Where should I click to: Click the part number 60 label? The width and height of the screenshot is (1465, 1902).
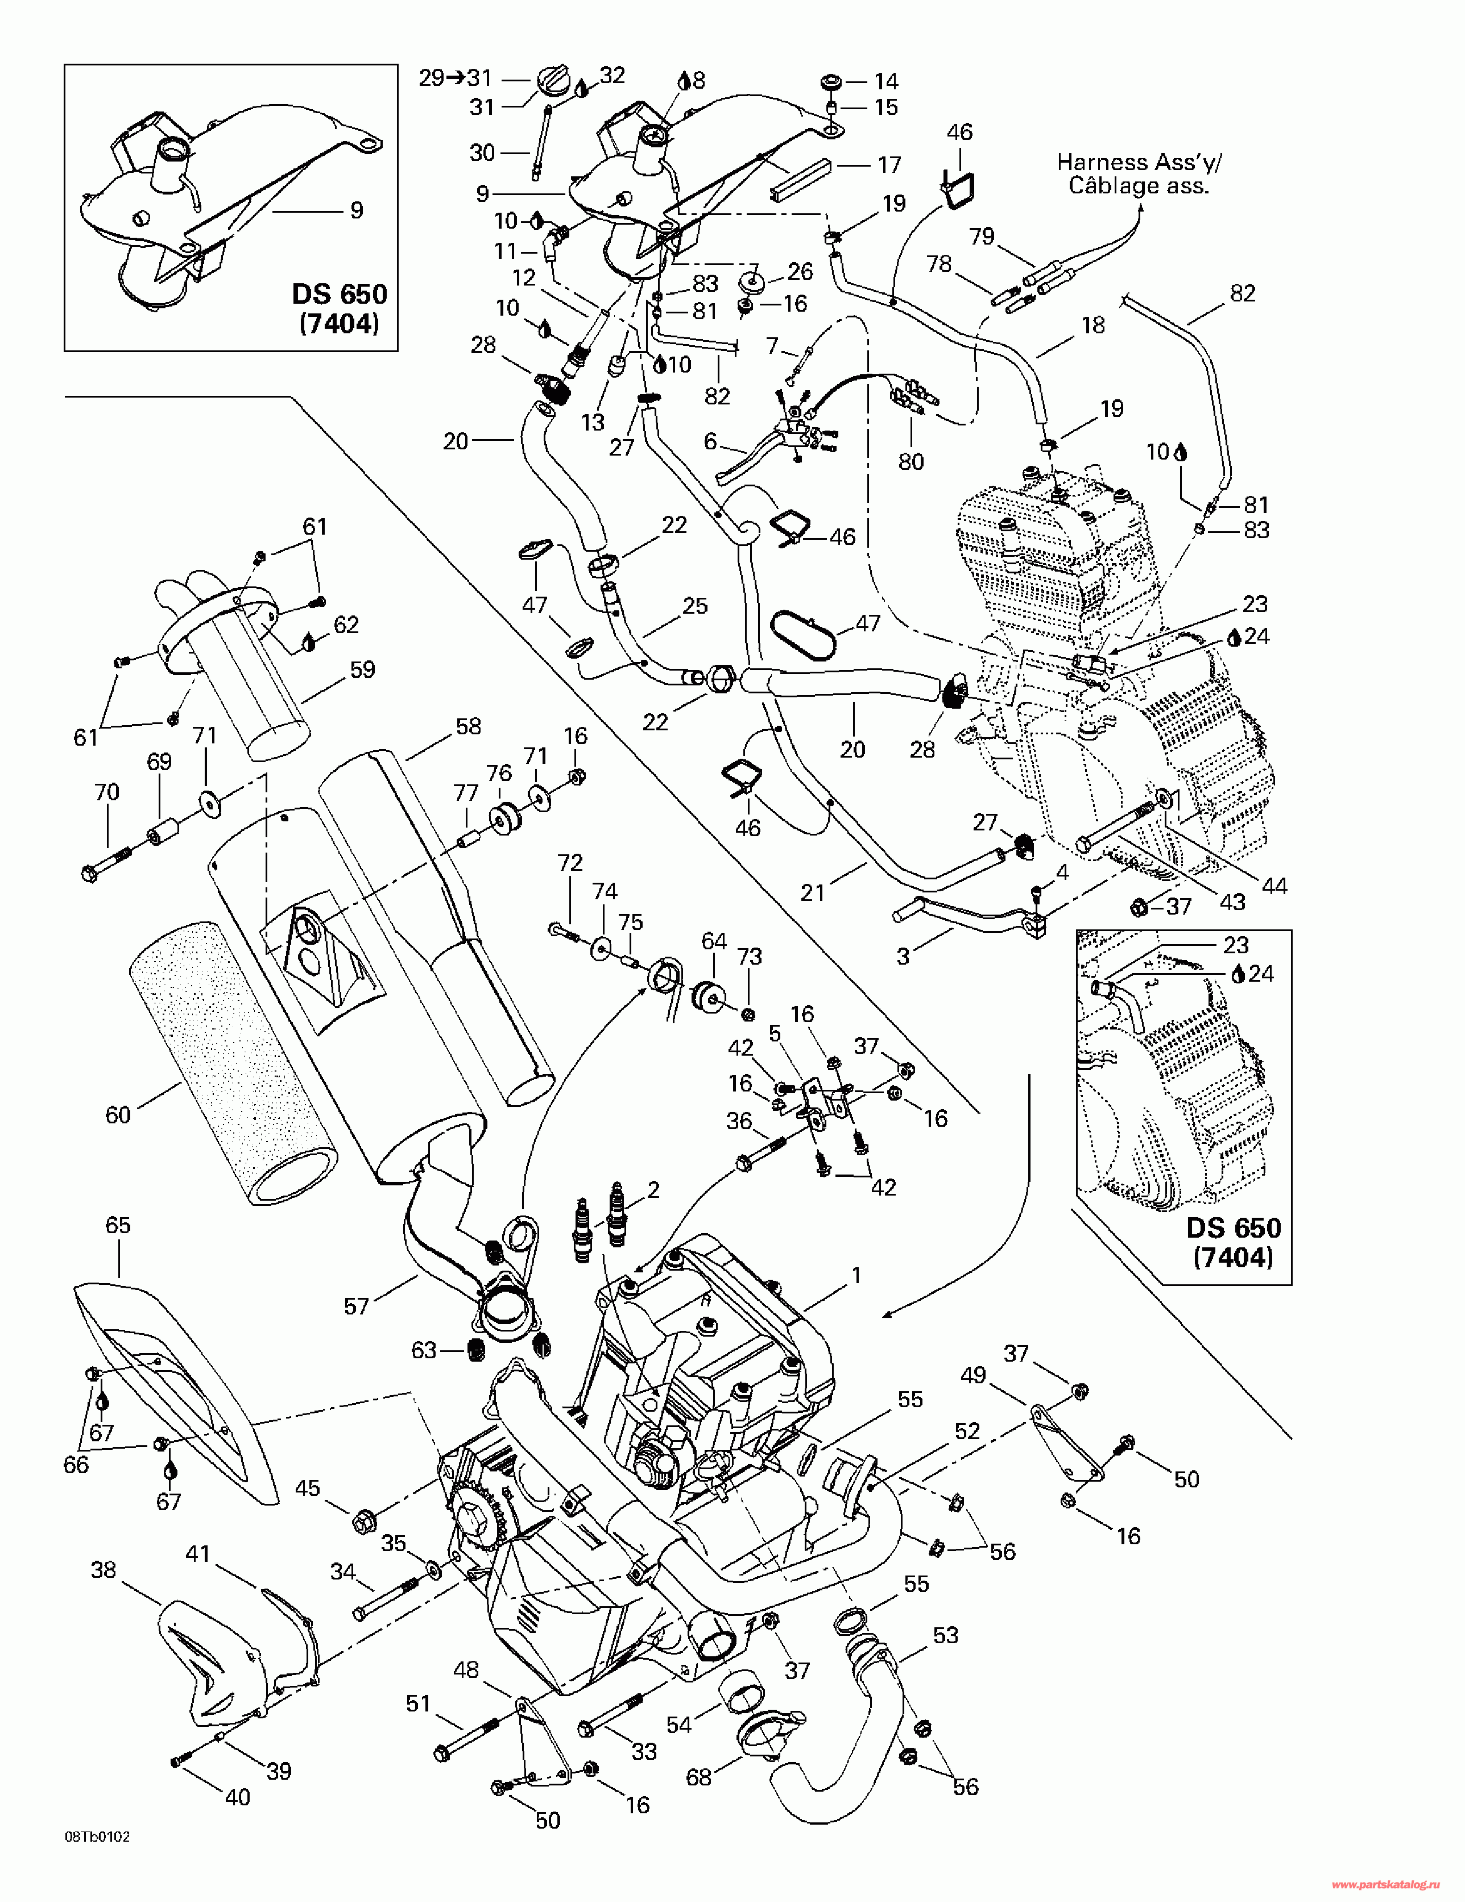(x=118, y=1115)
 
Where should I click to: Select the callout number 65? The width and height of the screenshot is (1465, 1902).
(x=118, y=1225)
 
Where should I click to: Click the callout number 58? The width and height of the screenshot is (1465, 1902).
(x=469, y=726)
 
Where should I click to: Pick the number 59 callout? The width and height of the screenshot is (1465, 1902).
(x=362, y=669)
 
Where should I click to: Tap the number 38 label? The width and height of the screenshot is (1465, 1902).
(x=104, y=1569)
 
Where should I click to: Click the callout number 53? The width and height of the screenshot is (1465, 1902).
(x=945, y=1635)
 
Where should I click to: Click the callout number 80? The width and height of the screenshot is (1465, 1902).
(x=911, y=462)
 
